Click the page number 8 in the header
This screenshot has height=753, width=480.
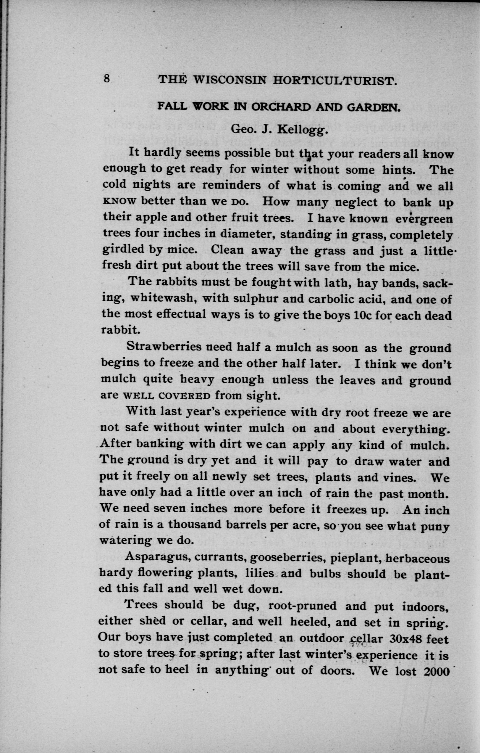(106, 79)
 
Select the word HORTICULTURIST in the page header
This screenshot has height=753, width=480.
(335, 81)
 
